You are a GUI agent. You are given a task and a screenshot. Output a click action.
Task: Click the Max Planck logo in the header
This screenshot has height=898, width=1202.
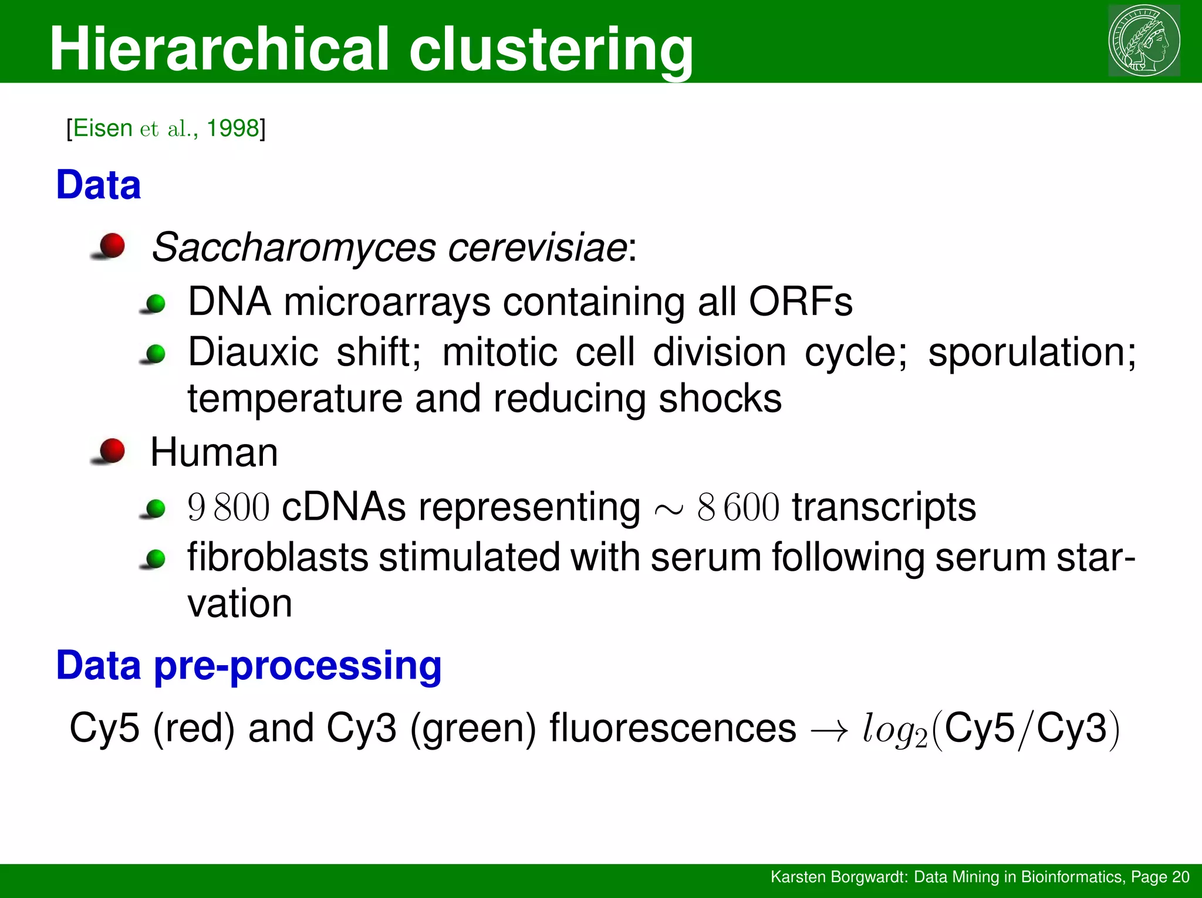[1144, 40]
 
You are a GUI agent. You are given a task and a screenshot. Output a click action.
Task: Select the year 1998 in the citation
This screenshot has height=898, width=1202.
[232, 128]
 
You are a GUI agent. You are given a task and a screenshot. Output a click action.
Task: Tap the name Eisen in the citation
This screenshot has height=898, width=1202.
[103, 128]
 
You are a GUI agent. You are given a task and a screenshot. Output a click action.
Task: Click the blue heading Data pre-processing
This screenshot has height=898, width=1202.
[248, 666]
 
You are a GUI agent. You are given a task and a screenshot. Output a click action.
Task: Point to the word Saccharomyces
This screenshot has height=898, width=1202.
[293, 248]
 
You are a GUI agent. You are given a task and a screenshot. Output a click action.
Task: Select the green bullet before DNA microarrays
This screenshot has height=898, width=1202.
[156, 304]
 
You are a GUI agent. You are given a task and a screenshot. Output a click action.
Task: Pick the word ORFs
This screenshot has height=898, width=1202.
[800, 303]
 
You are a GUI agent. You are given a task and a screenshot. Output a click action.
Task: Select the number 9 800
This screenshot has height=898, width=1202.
[228, 508]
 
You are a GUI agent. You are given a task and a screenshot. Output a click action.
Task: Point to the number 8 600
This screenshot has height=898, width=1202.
[738, 508]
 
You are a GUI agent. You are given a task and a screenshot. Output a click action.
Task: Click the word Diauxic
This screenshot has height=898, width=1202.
[253, 353]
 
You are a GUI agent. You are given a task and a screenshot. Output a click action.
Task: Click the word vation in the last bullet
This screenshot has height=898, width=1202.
[239, 604]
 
